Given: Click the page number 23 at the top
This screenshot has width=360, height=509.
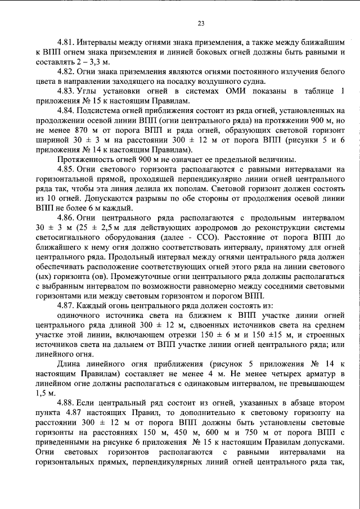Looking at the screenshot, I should click(201, 24).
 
